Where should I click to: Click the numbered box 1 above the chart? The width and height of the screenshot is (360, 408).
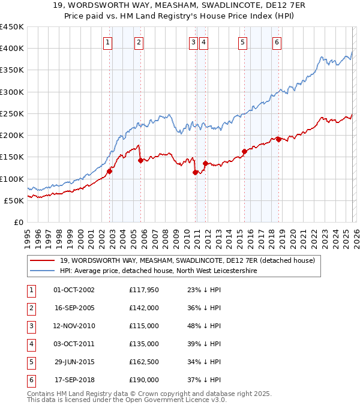pyautogui.click(x=107, y=42)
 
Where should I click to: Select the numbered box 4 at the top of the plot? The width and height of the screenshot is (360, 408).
pyautogui.click(x=204, y=42)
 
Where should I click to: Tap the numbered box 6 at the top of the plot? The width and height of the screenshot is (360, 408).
pyautogui.click(x=277, y=42)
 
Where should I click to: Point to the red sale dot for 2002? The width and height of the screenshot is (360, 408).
pyautogui.click(x=110, y=171)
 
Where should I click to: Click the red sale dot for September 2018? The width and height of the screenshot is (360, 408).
pyautogui.click(x=278, y=140)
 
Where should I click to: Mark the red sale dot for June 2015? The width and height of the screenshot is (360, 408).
pyautogui.click(x=244, y=152)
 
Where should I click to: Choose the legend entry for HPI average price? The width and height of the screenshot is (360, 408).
pyautogui.click(x=158, y=271)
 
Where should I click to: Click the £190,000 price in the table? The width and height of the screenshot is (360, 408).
pyautogui.click(x=144, y=380)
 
